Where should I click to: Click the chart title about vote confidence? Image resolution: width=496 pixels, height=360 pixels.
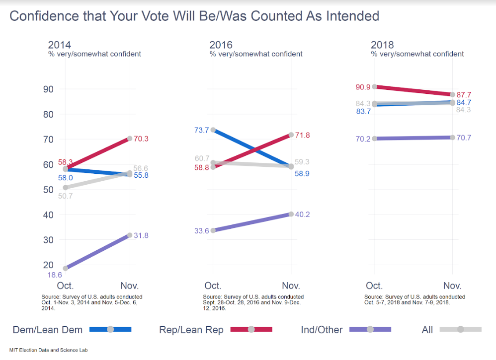(194, 16)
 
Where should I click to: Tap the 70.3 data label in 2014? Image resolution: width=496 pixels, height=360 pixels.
(141, 139)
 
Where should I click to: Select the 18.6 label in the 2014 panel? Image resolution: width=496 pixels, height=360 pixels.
(55, 275)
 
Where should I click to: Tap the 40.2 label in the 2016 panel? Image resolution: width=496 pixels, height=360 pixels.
(303, 215)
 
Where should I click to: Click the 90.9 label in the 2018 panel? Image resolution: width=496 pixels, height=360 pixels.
(363, 87)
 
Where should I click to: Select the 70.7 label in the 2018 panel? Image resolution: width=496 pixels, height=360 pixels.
(464, 138)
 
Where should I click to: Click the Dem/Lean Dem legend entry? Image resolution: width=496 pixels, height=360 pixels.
(72, 329)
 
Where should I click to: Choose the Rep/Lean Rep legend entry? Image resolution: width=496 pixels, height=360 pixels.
(216, 329)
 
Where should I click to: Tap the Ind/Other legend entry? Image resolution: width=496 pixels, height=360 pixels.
(346, 329)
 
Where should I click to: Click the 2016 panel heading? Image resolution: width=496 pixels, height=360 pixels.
(221, 46)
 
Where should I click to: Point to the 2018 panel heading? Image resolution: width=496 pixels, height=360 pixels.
(382, 46)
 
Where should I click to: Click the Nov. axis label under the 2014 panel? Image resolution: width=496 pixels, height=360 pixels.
(130, 286)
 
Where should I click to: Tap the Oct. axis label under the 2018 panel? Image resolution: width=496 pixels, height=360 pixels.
(374, 286)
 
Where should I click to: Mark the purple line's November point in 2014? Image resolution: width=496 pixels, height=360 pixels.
(130, 235)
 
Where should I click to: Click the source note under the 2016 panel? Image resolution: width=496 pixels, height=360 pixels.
(253, 302)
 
